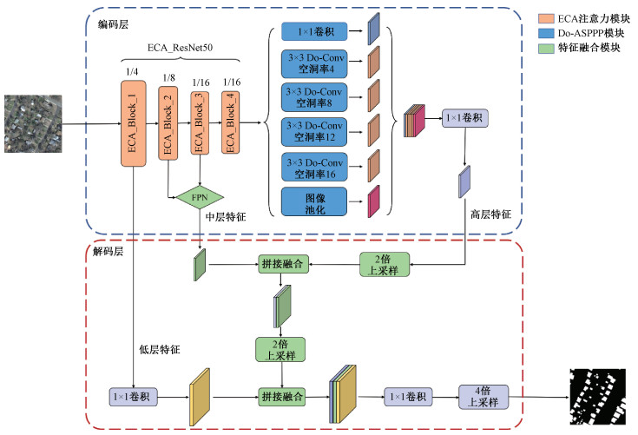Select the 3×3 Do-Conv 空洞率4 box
pos(313,63)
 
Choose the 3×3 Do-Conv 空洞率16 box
pos(313,166)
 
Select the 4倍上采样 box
pos(482,397)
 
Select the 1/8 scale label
pos(169,77)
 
